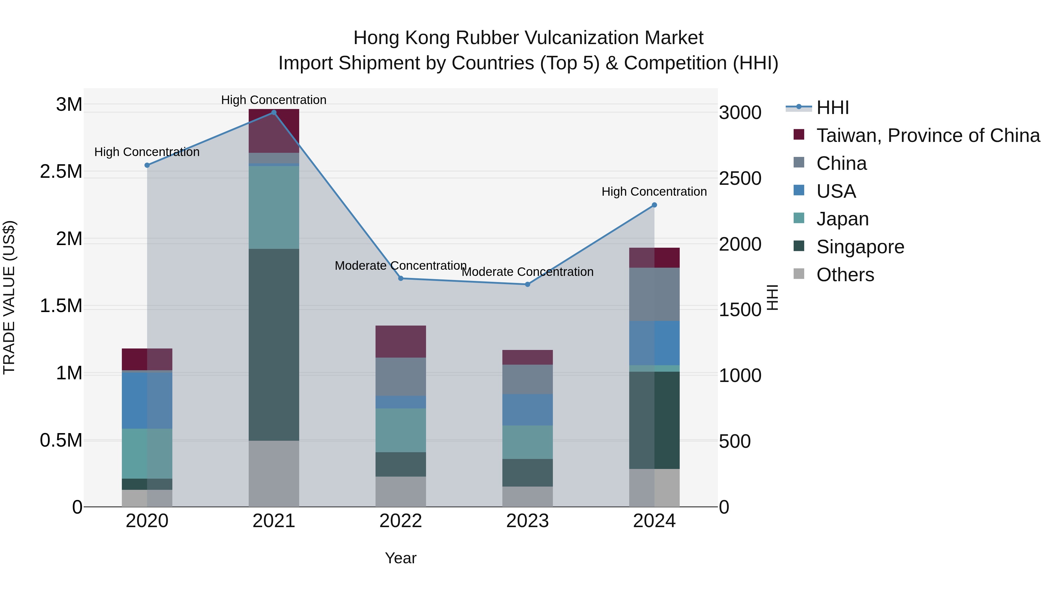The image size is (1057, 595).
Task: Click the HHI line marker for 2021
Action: tap(274, 113)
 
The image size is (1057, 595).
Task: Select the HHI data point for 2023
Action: tap(528, 284)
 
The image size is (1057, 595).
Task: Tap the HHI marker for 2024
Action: tap(654, 205)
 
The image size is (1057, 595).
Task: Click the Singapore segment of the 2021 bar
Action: tap(274, 345)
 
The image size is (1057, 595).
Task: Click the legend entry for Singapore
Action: tap(860, 247)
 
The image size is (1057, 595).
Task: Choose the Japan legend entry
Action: tap(842, 219)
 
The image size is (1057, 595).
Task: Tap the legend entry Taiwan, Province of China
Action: tap(928, 135)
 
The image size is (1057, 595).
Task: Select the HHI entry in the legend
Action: tap(833, 108)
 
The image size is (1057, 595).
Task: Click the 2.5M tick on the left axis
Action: tap(61, 172)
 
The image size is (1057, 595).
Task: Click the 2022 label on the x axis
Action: tap(400, 521)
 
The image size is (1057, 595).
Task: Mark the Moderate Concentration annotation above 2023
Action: tap(528, 272)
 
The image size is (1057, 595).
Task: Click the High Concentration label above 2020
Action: tap(147, 152)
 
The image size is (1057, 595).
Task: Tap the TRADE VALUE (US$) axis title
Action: tap(9, 297)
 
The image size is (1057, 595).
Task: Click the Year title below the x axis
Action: tap(400, 558)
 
